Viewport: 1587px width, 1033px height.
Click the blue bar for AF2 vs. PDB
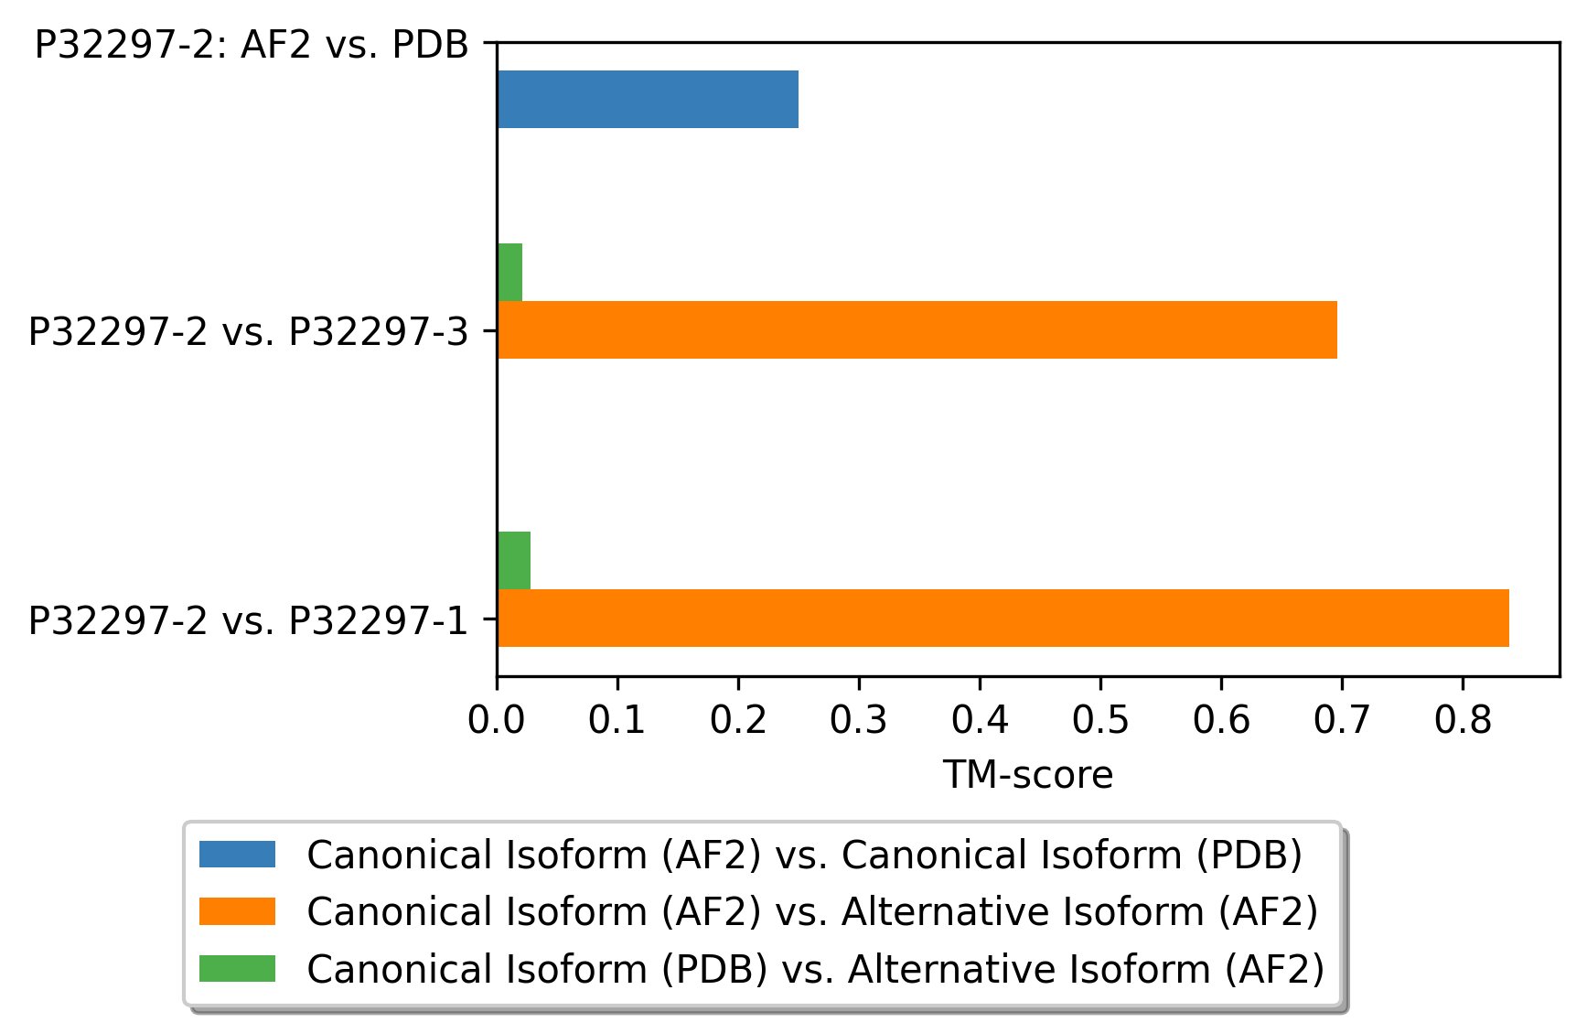(x=648, y=99)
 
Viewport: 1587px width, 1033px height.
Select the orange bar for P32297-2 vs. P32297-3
(x=917, y=329)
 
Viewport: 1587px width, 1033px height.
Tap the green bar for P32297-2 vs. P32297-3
(x=509, y=272)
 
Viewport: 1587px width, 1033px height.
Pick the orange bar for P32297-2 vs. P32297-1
(x=1003, y=618)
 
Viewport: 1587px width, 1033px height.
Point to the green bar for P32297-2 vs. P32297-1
(x=514, y=560)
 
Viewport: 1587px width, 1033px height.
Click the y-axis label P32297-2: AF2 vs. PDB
(x=252, y=44)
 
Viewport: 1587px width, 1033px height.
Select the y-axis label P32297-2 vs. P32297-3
(x=248, y=331)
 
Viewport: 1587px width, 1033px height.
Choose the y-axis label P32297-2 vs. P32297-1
(x=248, y=619)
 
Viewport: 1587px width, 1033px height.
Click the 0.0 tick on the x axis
(x=497, y=720)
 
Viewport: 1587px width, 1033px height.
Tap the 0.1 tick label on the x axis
(x=617, y=720)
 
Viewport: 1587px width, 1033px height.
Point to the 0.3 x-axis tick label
(x=859, y=720)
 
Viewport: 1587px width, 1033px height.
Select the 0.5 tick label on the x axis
(x=1100, y=720)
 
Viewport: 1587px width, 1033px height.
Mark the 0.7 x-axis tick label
(x=1342, y=720)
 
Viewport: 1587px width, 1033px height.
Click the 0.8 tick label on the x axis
(x=1463, y=720)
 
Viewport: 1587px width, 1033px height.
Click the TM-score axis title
(x=1028, y=775)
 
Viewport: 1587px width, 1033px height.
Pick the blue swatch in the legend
(x=237, y=854)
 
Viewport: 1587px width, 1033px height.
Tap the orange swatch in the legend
(x=237, y=910)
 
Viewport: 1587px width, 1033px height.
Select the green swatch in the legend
(x=237, y=968)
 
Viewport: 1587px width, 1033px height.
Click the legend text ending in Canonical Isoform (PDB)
(x=805, y=855)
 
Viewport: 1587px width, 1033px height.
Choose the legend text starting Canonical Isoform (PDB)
(x=816, y=969)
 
